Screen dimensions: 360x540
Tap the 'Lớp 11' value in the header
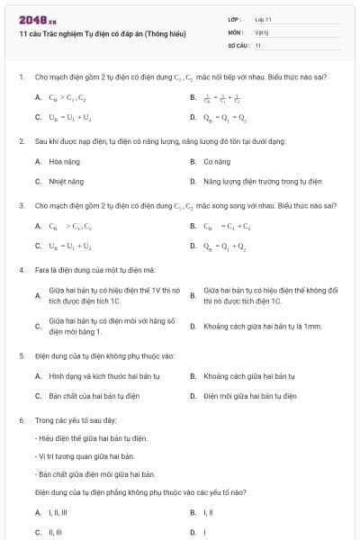tap(264, 19)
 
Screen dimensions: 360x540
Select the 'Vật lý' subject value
tap(262, 31)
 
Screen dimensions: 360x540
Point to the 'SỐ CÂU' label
tap(238, 44)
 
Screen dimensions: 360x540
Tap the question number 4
tap(21, 269)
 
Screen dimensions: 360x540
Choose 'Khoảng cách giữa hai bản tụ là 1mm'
tap(262, 326)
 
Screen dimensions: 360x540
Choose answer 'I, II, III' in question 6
tap(58, 512)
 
